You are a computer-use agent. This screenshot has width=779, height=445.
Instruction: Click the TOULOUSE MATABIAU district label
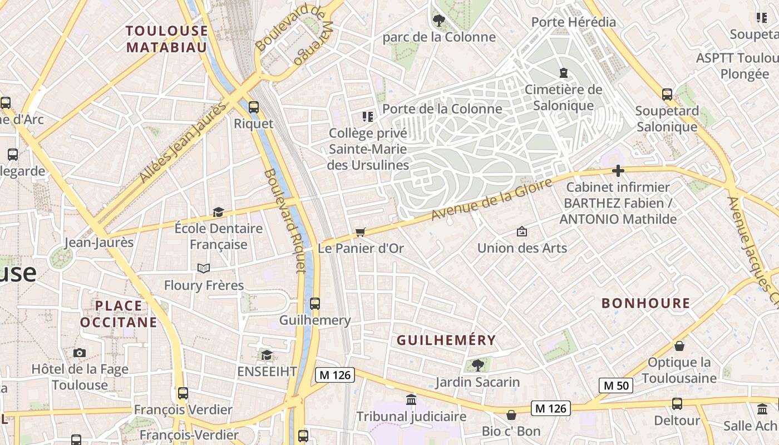tap(166, 38)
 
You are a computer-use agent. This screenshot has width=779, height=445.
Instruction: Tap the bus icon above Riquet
tap(254, 107)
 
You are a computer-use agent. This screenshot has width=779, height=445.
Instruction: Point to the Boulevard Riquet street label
tap(284, 221)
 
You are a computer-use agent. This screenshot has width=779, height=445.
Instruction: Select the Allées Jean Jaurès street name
tap(184, 142)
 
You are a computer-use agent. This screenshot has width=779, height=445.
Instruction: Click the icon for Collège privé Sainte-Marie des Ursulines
tap(368, 116)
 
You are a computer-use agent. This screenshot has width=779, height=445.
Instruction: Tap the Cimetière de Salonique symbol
tap(563, 73)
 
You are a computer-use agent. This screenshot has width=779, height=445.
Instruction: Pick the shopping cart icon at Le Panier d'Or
tap(361, 232)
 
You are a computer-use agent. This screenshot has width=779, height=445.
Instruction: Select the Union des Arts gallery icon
tap(522, 231)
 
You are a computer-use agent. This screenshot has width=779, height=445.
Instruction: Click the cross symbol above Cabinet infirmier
tap(618, 171)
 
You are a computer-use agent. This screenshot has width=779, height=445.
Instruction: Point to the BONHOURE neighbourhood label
tap(645, 303)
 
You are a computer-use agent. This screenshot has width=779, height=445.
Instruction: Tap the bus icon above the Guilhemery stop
tap(315, 303)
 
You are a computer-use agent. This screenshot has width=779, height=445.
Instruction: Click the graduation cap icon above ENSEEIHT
tap(267, 355)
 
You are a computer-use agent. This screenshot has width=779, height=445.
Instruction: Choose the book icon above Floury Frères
tap(204, 269)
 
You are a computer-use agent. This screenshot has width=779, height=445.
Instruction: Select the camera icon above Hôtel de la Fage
tap(80, 353)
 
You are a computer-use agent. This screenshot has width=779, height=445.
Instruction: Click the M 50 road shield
tap(616, 385)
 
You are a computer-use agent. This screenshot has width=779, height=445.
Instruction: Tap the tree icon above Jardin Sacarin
tap(477, 365)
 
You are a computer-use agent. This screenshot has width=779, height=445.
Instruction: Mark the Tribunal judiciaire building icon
tap(411, 399)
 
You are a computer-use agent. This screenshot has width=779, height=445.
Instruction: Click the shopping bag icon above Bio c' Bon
tap(511, 415)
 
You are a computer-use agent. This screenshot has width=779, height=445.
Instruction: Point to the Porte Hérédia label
tap(573, 22)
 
